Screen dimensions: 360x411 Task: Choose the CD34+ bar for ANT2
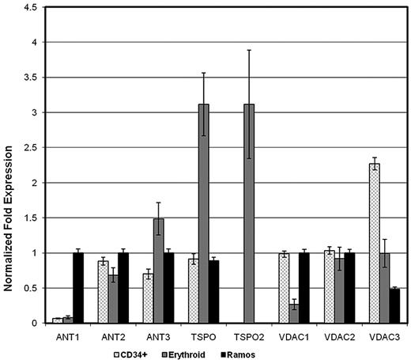coord(102,292)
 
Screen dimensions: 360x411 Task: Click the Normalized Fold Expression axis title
coord(9,166)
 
